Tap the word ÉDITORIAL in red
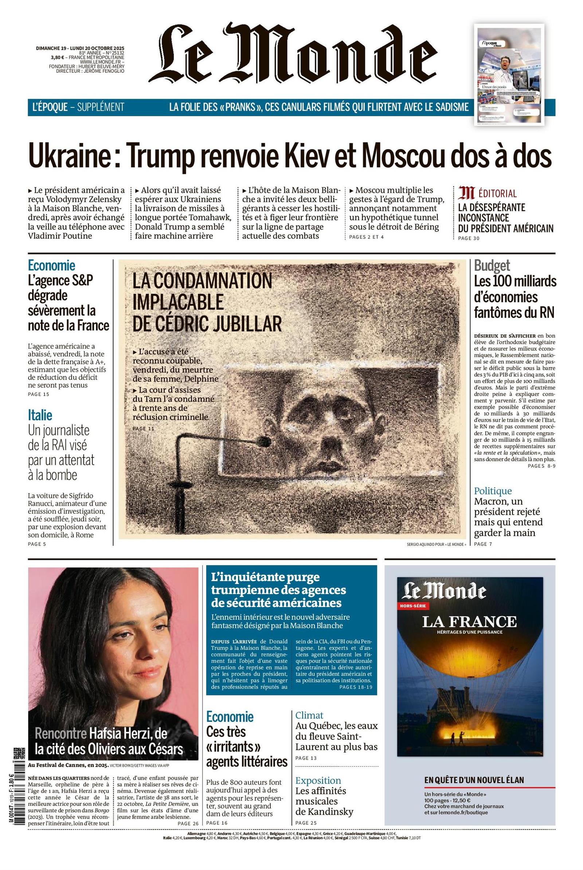pyautogui.click(x=497, y=193)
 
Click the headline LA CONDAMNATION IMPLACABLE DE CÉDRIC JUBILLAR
pyautogui.click(x=206, y=302)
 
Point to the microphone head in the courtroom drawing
pyautogui.click(x=265, y=442)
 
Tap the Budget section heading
pyautogui.click(x=492, y=266)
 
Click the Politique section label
pyautogui.click(x=493, y=491)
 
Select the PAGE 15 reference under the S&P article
pyautogui.click(x=39, y=394)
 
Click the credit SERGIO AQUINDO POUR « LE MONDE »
pyautogui.click(x=437, y=544)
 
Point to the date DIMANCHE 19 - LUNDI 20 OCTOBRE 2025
pyautogui.click(x=80, y=48)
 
